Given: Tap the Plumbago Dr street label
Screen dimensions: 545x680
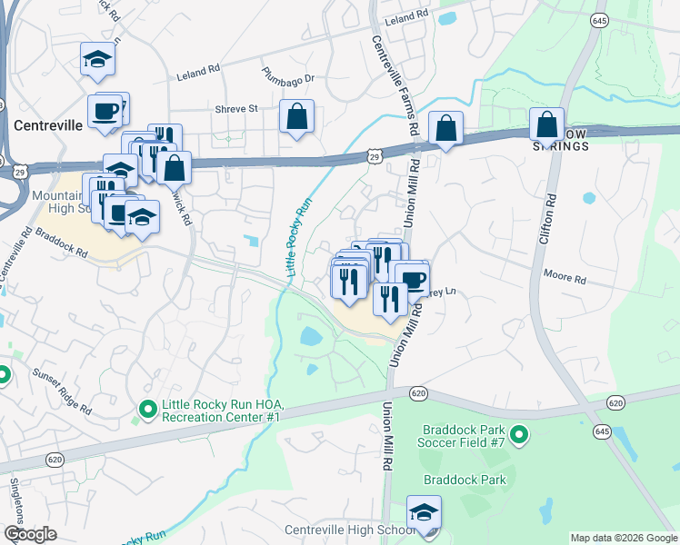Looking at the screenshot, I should (287, 78).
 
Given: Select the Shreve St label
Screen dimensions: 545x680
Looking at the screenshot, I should (236, 108).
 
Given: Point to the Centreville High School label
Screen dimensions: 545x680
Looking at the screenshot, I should (350, 530).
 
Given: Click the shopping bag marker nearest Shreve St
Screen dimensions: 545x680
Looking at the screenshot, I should (296, 117).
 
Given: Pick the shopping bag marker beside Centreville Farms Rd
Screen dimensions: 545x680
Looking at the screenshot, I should (445, 128).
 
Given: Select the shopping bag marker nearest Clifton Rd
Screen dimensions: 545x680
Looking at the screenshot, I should (547, 124).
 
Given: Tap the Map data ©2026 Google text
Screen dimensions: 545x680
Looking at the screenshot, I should (623, 538).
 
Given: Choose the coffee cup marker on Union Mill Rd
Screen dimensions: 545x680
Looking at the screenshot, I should (411, 279).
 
